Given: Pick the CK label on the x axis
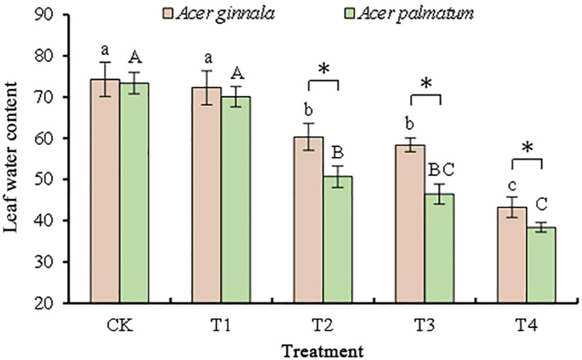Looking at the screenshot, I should [x=120, y=324].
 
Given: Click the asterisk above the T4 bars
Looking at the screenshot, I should [x=527, y=148].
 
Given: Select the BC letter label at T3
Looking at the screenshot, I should [x=440, y=170].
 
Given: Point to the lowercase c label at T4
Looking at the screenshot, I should [x=510, y=183].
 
